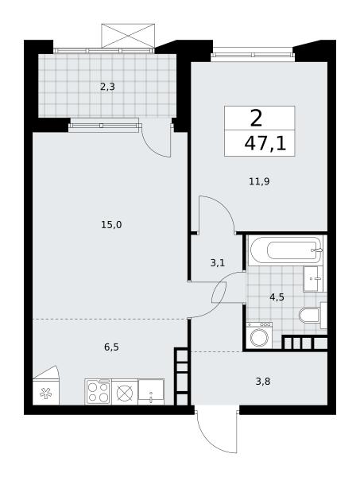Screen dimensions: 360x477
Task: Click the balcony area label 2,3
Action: pos(107,87)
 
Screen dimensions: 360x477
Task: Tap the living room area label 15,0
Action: pos(111,225)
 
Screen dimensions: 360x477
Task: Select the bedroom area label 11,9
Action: pos(259,181)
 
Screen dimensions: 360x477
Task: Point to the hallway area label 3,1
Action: pos(218,262)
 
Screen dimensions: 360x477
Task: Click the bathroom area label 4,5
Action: pos(277,297)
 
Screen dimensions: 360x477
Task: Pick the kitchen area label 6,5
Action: pos(111,347)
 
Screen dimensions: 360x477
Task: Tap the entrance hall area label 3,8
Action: pos(263,381)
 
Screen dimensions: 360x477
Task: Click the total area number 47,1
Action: pos(265,144)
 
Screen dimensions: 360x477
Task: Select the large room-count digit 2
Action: pos(257,118)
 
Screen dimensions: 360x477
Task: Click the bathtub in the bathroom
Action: pos(285,250)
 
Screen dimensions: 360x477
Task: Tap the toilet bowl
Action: pos(309,315)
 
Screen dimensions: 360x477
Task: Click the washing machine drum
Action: pos(259,337)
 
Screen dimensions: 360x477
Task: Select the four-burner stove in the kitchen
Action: pos(98,392)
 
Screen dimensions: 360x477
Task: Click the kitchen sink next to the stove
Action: pos(151,392)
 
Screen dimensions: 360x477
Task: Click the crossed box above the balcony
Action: pos(128,36)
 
